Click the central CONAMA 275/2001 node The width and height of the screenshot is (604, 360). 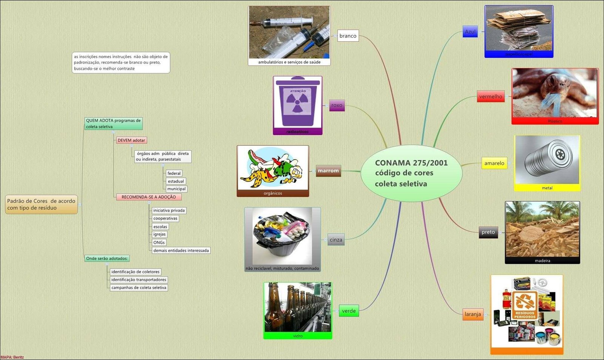click(411, 173)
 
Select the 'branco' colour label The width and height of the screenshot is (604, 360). click(348, 36)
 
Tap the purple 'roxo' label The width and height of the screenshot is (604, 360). click(337, 106)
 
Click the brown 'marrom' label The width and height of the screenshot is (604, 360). click(328, 171)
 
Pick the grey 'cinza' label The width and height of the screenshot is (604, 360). click(336, 240)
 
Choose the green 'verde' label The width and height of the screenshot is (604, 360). click(348, 311)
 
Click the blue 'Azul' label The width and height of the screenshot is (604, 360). click(470, 32)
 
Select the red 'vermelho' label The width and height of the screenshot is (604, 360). click(490, 97)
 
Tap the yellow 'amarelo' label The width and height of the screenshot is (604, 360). click(494, 163)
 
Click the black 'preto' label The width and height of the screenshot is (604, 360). click(488, 232)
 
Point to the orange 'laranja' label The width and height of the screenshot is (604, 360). click(473, 314)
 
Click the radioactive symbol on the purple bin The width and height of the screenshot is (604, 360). click(297, 102)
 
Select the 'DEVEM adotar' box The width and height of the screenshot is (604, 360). click(131, 140)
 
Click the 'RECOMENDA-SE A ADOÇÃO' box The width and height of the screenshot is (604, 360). click(148, 197)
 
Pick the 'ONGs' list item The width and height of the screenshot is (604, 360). click(159, 243)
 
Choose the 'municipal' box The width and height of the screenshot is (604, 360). click(176, 189)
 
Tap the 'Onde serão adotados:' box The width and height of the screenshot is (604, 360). click(107, 258)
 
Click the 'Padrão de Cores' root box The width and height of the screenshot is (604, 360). click(41, 205)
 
